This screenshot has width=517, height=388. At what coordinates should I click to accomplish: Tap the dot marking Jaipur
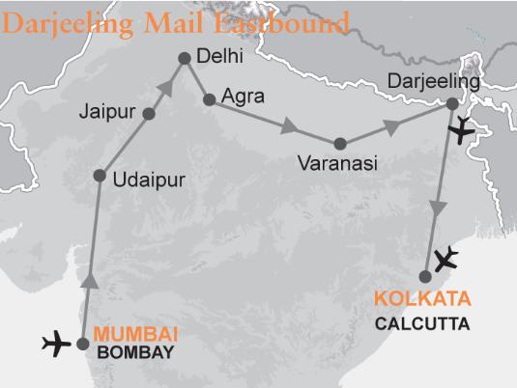[149, 114]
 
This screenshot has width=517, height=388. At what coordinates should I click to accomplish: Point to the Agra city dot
[208, 98]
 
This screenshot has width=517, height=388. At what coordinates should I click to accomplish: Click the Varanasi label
[338, 165]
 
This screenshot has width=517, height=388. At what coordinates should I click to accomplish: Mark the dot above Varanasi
[340, 144]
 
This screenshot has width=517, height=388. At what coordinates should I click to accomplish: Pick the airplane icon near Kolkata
[447, 258]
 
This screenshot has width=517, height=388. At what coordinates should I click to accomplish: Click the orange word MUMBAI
[135, 335]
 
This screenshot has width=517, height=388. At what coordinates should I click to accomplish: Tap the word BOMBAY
[136, 353]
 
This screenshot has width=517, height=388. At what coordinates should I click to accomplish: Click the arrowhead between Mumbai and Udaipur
[88, 279]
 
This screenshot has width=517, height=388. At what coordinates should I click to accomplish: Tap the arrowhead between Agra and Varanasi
[289, 127]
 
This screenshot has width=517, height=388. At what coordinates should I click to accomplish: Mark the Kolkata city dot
[425, 277]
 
